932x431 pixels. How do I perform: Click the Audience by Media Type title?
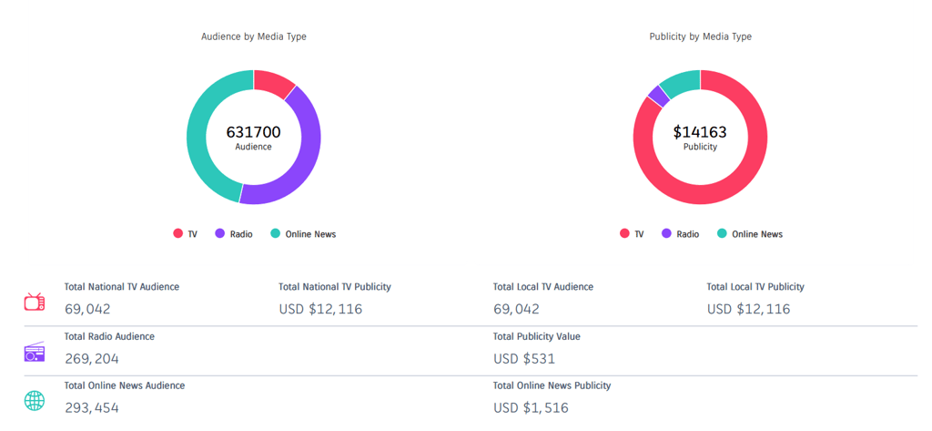(x=253, y=36)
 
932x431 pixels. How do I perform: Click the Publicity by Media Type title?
(x=700, y=36)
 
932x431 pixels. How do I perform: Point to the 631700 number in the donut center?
(x=253, y=132)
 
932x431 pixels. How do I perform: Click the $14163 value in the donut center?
(x=700, y=132)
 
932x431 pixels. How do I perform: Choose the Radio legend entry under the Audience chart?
(x=234, y=234)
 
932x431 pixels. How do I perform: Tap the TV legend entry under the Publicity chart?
(x=632, y=234)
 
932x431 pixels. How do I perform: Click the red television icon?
(x=35, y=302)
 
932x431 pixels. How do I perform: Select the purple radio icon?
(x=35, y=352)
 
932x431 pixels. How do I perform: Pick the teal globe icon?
(x=35, y=401)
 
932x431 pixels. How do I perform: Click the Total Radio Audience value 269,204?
(x=92, y=358)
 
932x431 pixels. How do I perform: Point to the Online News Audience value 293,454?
(x=92, y=407)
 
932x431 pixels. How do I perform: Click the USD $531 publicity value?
(x=524, y=358)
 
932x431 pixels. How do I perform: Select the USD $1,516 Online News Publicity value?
(x=531, y=407)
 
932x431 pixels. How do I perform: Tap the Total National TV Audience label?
(x=122, y=286)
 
